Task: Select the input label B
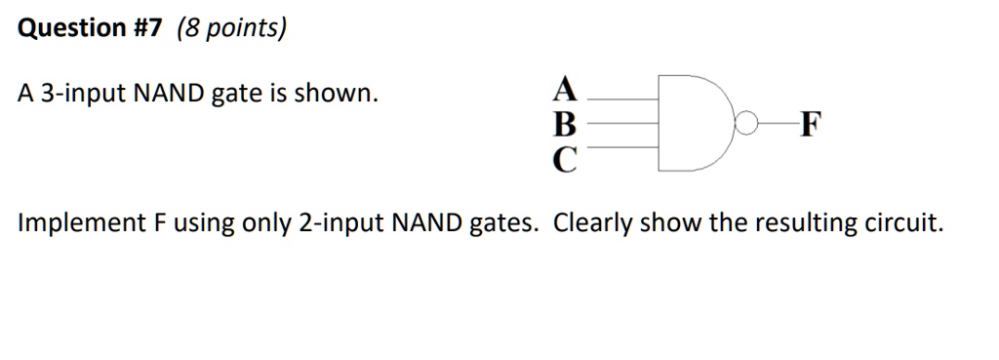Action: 564,123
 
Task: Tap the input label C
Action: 564,156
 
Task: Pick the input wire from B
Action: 624,123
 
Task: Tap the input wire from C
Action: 624,147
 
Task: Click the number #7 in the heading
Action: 144,28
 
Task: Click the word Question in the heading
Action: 65,28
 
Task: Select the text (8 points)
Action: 232,28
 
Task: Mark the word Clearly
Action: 595,223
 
